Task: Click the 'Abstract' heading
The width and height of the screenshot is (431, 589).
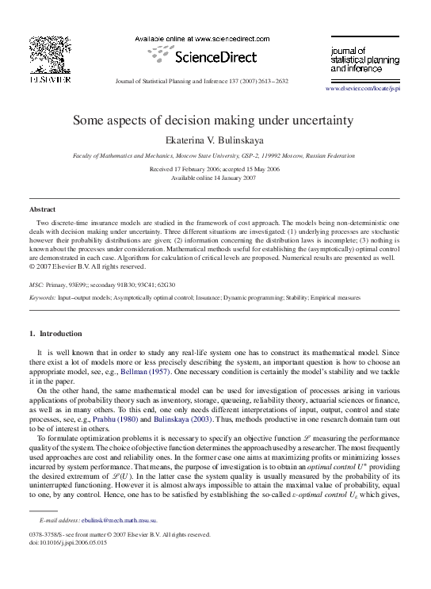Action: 42,209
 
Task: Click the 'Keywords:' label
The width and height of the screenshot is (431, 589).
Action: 42,297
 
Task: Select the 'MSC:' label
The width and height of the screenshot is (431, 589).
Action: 36,283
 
